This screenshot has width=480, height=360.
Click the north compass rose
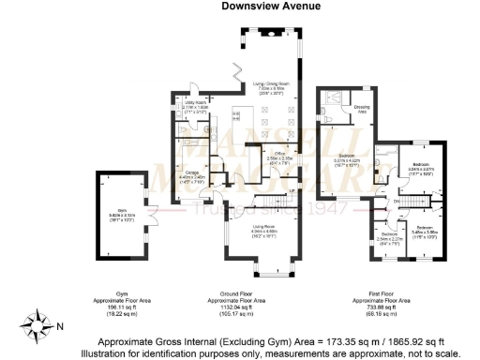[39, 326]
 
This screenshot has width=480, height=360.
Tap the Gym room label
[120, 215]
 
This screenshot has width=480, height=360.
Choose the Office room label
[273, 157]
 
